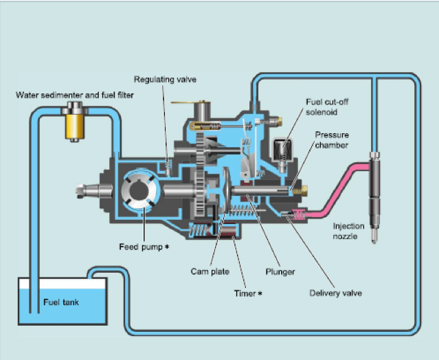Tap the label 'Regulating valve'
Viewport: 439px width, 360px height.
(165, 80)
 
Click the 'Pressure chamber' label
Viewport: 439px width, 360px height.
(332, 140)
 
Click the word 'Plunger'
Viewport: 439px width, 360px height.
(280, 272)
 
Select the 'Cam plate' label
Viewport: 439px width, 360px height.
(210, 271)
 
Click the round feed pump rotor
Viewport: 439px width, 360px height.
(142, 190)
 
